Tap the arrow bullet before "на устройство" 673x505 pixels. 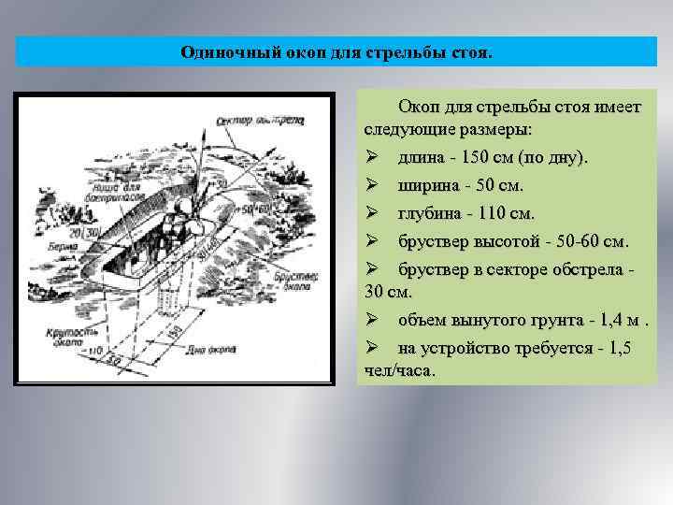pyautogui.click(x=371, y=349)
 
